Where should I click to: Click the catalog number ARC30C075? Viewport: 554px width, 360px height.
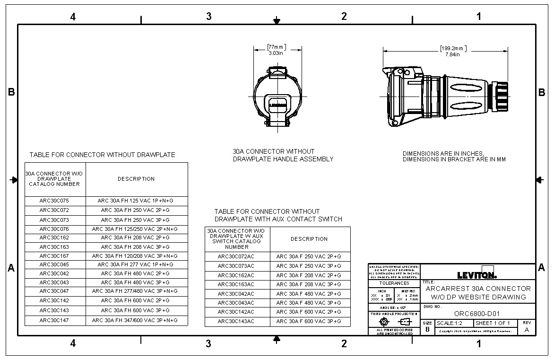[x=54, y=201]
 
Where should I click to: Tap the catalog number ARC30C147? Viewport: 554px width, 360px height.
[x=54, y=321]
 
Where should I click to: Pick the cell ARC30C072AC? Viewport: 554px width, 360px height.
[x=236, y=257]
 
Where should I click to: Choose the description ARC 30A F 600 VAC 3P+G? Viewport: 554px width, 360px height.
[x=309, y=322]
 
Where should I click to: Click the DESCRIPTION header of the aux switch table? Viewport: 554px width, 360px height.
[x=309, y=239]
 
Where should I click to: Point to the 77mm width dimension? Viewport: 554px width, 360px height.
[x=277, y=47]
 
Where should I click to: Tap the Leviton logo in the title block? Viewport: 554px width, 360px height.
[x=476, y=274]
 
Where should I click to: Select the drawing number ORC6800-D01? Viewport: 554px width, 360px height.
[x=477, y=314]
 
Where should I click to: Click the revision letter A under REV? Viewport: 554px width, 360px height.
[x=527, y=330]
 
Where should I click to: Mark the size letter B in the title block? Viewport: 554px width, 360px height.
[x=427, y=329]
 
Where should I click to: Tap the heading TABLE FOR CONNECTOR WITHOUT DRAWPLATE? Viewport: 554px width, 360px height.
[x=102, y=155]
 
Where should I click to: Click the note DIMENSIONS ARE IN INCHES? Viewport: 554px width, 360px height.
[x=443, y=154]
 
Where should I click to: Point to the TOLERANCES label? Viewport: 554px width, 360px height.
[x=394, y=283]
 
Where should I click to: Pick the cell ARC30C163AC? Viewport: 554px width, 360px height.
[x=236, y=285]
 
